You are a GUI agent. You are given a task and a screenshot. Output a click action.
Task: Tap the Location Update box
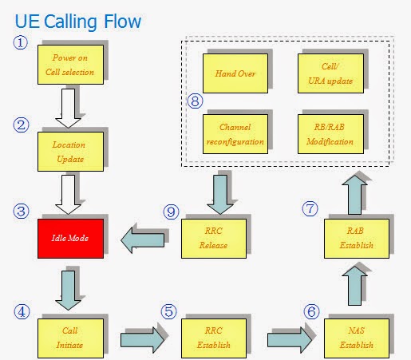tap(69, 152)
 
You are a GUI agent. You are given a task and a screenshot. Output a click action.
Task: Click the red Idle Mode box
tap(69, 238)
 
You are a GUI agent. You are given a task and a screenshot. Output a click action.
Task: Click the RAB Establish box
tap(356, 238)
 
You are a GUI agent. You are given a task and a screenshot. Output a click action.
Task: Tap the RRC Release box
tap(213, 238)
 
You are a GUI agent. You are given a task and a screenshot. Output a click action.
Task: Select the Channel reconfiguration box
tap(230, 136)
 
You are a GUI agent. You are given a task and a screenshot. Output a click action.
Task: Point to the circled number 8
tap(193, 101)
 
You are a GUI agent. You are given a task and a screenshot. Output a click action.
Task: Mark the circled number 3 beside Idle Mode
tap(22, 212)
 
